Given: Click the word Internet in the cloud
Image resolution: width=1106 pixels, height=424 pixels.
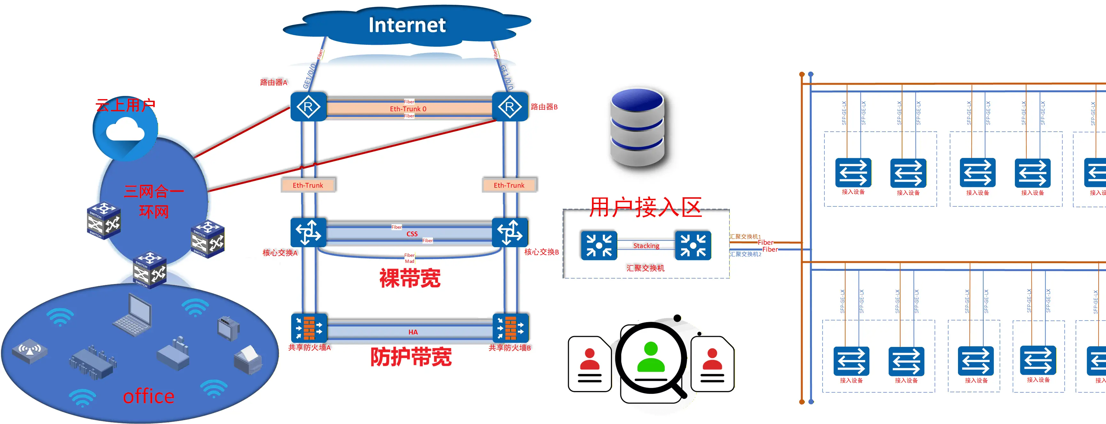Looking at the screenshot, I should tap(407, 25).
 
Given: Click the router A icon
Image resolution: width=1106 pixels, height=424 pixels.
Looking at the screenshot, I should tap(308, 106).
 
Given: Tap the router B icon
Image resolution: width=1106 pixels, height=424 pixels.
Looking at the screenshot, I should tap(510, 106).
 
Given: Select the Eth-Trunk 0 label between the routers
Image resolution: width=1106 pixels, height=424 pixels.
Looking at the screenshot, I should tap(408, 109).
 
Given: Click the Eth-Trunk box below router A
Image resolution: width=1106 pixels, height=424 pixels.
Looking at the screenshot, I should tap(308, 185).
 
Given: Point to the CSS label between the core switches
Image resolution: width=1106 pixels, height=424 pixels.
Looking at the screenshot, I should tap(412, 234).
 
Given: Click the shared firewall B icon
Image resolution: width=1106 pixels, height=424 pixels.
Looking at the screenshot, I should tap(510, 328).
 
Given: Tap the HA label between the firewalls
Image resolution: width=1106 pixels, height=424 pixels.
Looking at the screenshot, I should tap(413, 332).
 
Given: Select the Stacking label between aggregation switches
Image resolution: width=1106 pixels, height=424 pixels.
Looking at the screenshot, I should tap(646, 246).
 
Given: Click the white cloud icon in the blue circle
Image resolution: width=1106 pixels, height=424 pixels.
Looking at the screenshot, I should tap(125, 130).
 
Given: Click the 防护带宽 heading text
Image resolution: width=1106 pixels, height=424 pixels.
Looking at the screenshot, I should tap(410, 357).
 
